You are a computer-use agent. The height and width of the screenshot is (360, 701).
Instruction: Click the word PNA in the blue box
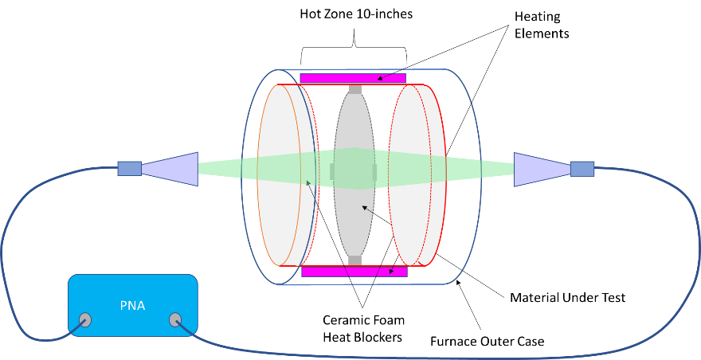(x=132, y=306)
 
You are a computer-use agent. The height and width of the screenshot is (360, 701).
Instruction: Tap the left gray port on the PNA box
(x=85, y=319)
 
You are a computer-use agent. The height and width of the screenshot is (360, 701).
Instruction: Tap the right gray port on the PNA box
(x=175, y=319)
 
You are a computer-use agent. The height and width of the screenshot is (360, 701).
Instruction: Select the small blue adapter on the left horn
(x=129, y=168)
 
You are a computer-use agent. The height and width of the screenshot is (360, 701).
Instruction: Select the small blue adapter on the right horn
(x=582, y=169)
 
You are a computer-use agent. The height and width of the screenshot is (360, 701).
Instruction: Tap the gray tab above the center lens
(x=355, y=89)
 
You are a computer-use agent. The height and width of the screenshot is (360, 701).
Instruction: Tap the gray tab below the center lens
(x=354, y=260)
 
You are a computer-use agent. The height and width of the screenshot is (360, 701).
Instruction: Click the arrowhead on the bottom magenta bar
(x=391, y=272)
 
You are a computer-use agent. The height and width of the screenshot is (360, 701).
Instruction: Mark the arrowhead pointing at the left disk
(x=308, y=183)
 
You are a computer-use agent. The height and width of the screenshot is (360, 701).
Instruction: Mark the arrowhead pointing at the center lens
(x=364, y=208)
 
